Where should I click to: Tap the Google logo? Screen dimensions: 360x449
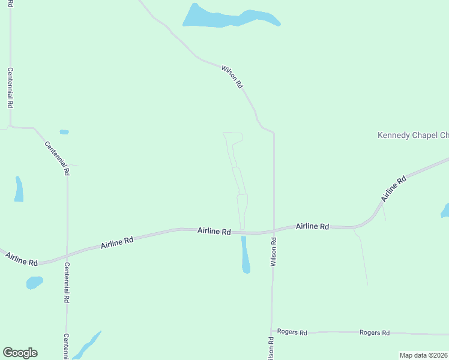[x=20, y=353]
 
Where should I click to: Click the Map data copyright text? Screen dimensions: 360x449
[x=424, y=355]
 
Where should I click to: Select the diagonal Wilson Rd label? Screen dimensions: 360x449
[x=232, y=77]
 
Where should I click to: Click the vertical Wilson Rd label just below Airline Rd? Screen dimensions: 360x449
[x=273, y=252]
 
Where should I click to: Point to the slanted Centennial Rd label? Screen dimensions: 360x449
[x=58, y=158]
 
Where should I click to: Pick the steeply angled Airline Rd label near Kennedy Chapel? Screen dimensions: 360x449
[x=393, y=188]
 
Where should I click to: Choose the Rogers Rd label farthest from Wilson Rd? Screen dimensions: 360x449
[x=375, y=332]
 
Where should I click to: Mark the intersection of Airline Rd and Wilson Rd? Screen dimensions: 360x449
[x=274, y=231]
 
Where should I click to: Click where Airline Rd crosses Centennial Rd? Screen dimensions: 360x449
[x=67, y=254]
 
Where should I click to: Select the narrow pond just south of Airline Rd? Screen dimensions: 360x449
[x=245, y=255]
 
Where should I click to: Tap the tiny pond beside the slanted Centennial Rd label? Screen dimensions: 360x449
[x=64, y=132]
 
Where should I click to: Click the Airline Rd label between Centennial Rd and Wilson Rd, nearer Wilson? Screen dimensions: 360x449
[x=214, y=231]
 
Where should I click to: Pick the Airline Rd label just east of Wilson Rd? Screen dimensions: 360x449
[x=312, y=227]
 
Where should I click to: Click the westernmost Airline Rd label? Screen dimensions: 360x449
[x=22, y=259]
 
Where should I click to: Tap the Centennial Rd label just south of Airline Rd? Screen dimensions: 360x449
[x=67, y=282]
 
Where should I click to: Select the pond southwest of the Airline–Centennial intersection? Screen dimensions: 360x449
[x=35, y=281]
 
